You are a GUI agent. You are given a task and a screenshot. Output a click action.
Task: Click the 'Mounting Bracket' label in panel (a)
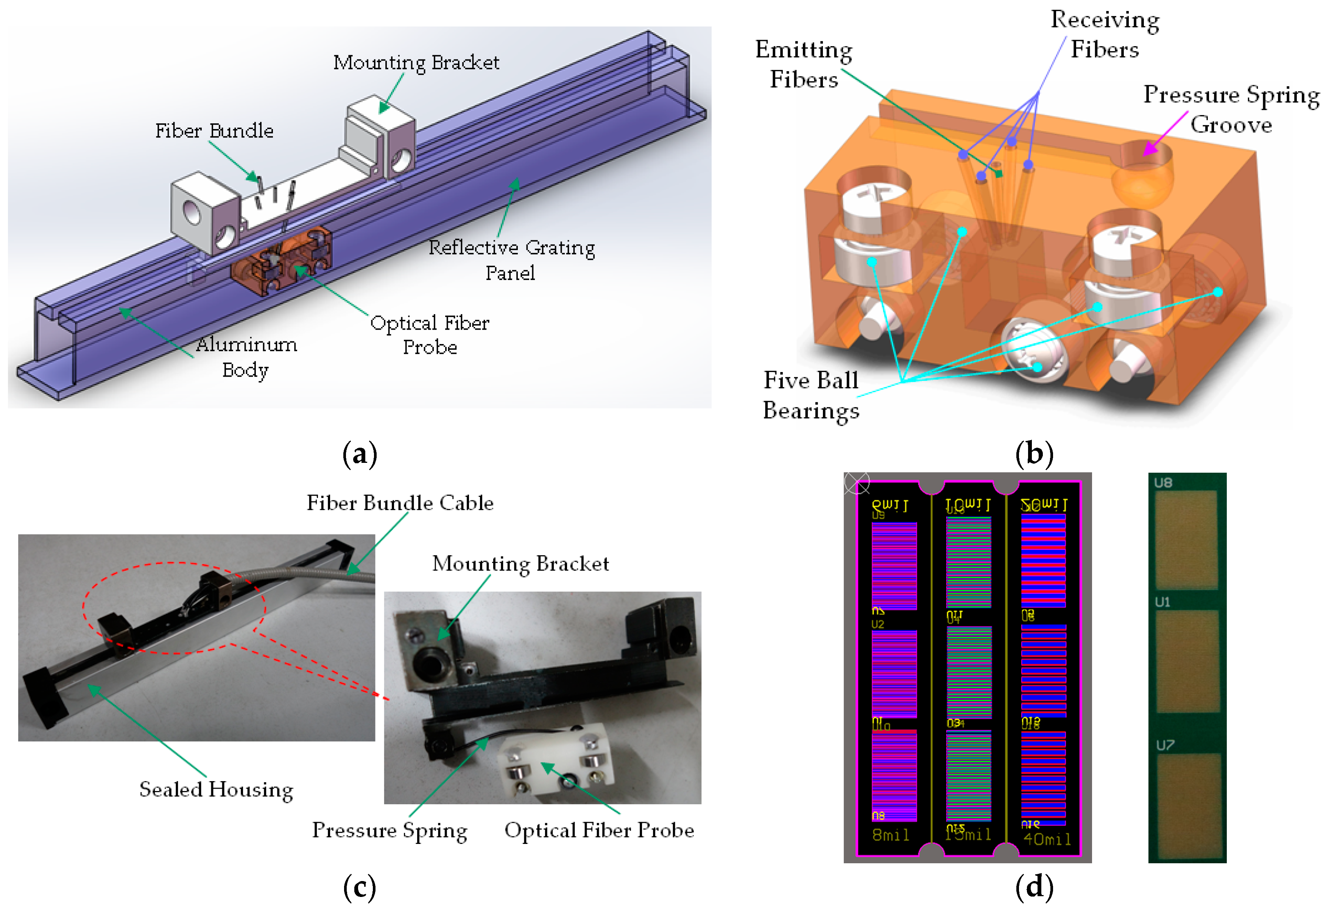tap(416, 62)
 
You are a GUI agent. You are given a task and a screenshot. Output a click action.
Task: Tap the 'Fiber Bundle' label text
tap(214, 131)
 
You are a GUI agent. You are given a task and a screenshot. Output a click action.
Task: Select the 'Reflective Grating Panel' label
tap(511, 259)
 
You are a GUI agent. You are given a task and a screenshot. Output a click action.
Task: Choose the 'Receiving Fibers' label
tap(1104, 34)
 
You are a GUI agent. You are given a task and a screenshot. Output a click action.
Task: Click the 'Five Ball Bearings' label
tap(811, 395)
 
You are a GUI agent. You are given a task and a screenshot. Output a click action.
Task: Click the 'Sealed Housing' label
tap(216, 789)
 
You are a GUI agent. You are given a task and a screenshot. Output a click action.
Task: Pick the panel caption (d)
tap(1034, 887)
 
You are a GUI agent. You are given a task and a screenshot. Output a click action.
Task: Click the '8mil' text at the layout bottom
tap(891, 835)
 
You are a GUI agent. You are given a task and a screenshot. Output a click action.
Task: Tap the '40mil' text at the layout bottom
tap(1047, 839)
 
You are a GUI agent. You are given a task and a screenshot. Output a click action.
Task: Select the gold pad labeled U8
tap(1186, 539)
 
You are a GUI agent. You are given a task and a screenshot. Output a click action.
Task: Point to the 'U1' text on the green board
tap(1162, 602)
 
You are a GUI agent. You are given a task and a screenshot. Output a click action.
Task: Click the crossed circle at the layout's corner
tap(857, 483)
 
